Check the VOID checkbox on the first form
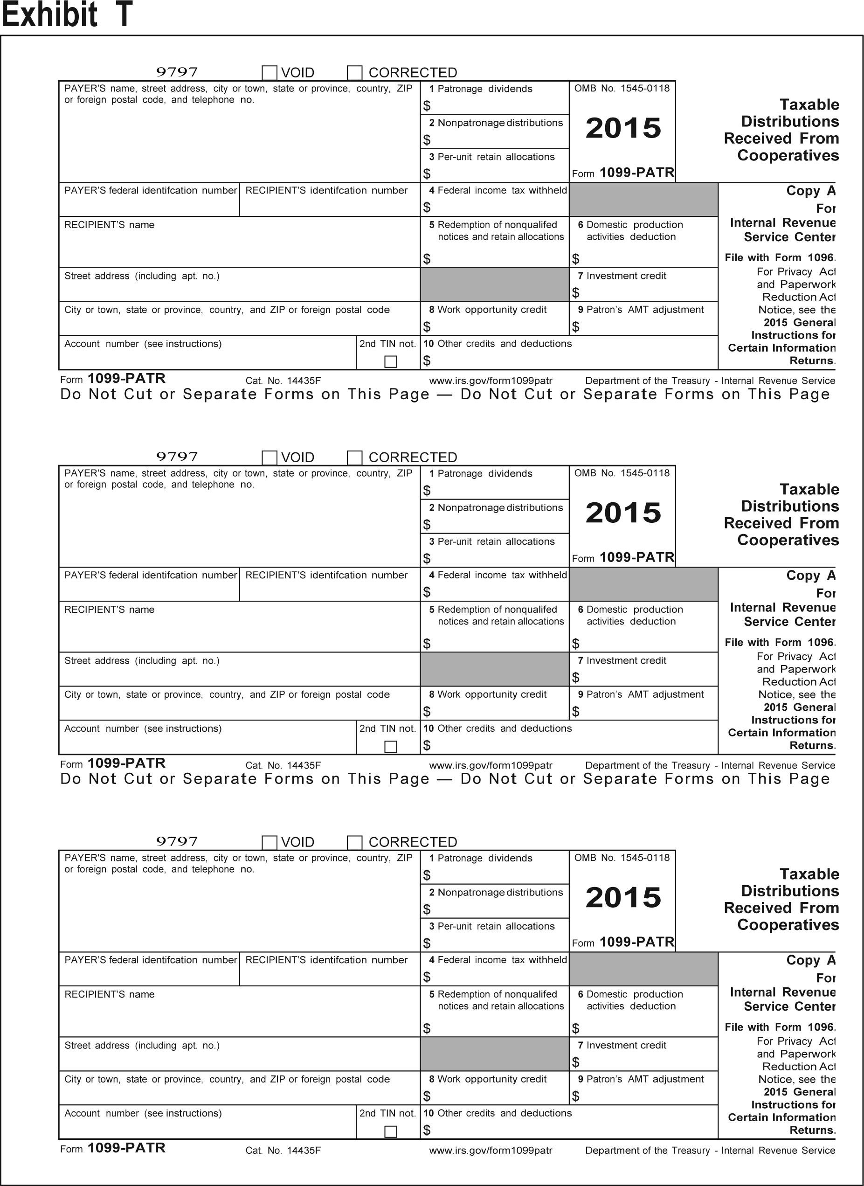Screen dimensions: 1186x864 pos(270,73)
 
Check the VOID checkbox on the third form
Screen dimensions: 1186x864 pos(270,842)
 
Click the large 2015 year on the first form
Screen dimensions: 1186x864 pos(623,128)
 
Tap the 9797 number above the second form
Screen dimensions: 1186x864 pos(177,457)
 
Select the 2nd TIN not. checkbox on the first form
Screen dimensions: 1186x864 pos(390,361)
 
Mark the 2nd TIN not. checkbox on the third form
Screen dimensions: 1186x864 pos(390,1131)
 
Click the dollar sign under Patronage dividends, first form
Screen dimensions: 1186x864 pos(427,106)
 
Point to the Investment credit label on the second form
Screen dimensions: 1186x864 pos(626,660)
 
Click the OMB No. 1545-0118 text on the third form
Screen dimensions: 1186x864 pos(622,858)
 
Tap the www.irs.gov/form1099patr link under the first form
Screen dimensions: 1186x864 pos(490,381)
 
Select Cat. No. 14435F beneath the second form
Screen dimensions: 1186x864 pos(283,765)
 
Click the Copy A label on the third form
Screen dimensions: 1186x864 pos(810,960)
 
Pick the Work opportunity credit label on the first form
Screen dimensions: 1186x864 pos(491,310)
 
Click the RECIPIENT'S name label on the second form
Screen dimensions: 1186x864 pos(109,610)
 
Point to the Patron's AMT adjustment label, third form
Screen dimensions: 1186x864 pos(644,1079)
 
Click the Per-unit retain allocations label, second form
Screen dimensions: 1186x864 pos(496,541)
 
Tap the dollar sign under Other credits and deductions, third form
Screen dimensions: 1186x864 pos(427,1130)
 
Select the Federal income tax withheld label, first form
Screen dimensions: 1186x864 pos(502,190)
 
